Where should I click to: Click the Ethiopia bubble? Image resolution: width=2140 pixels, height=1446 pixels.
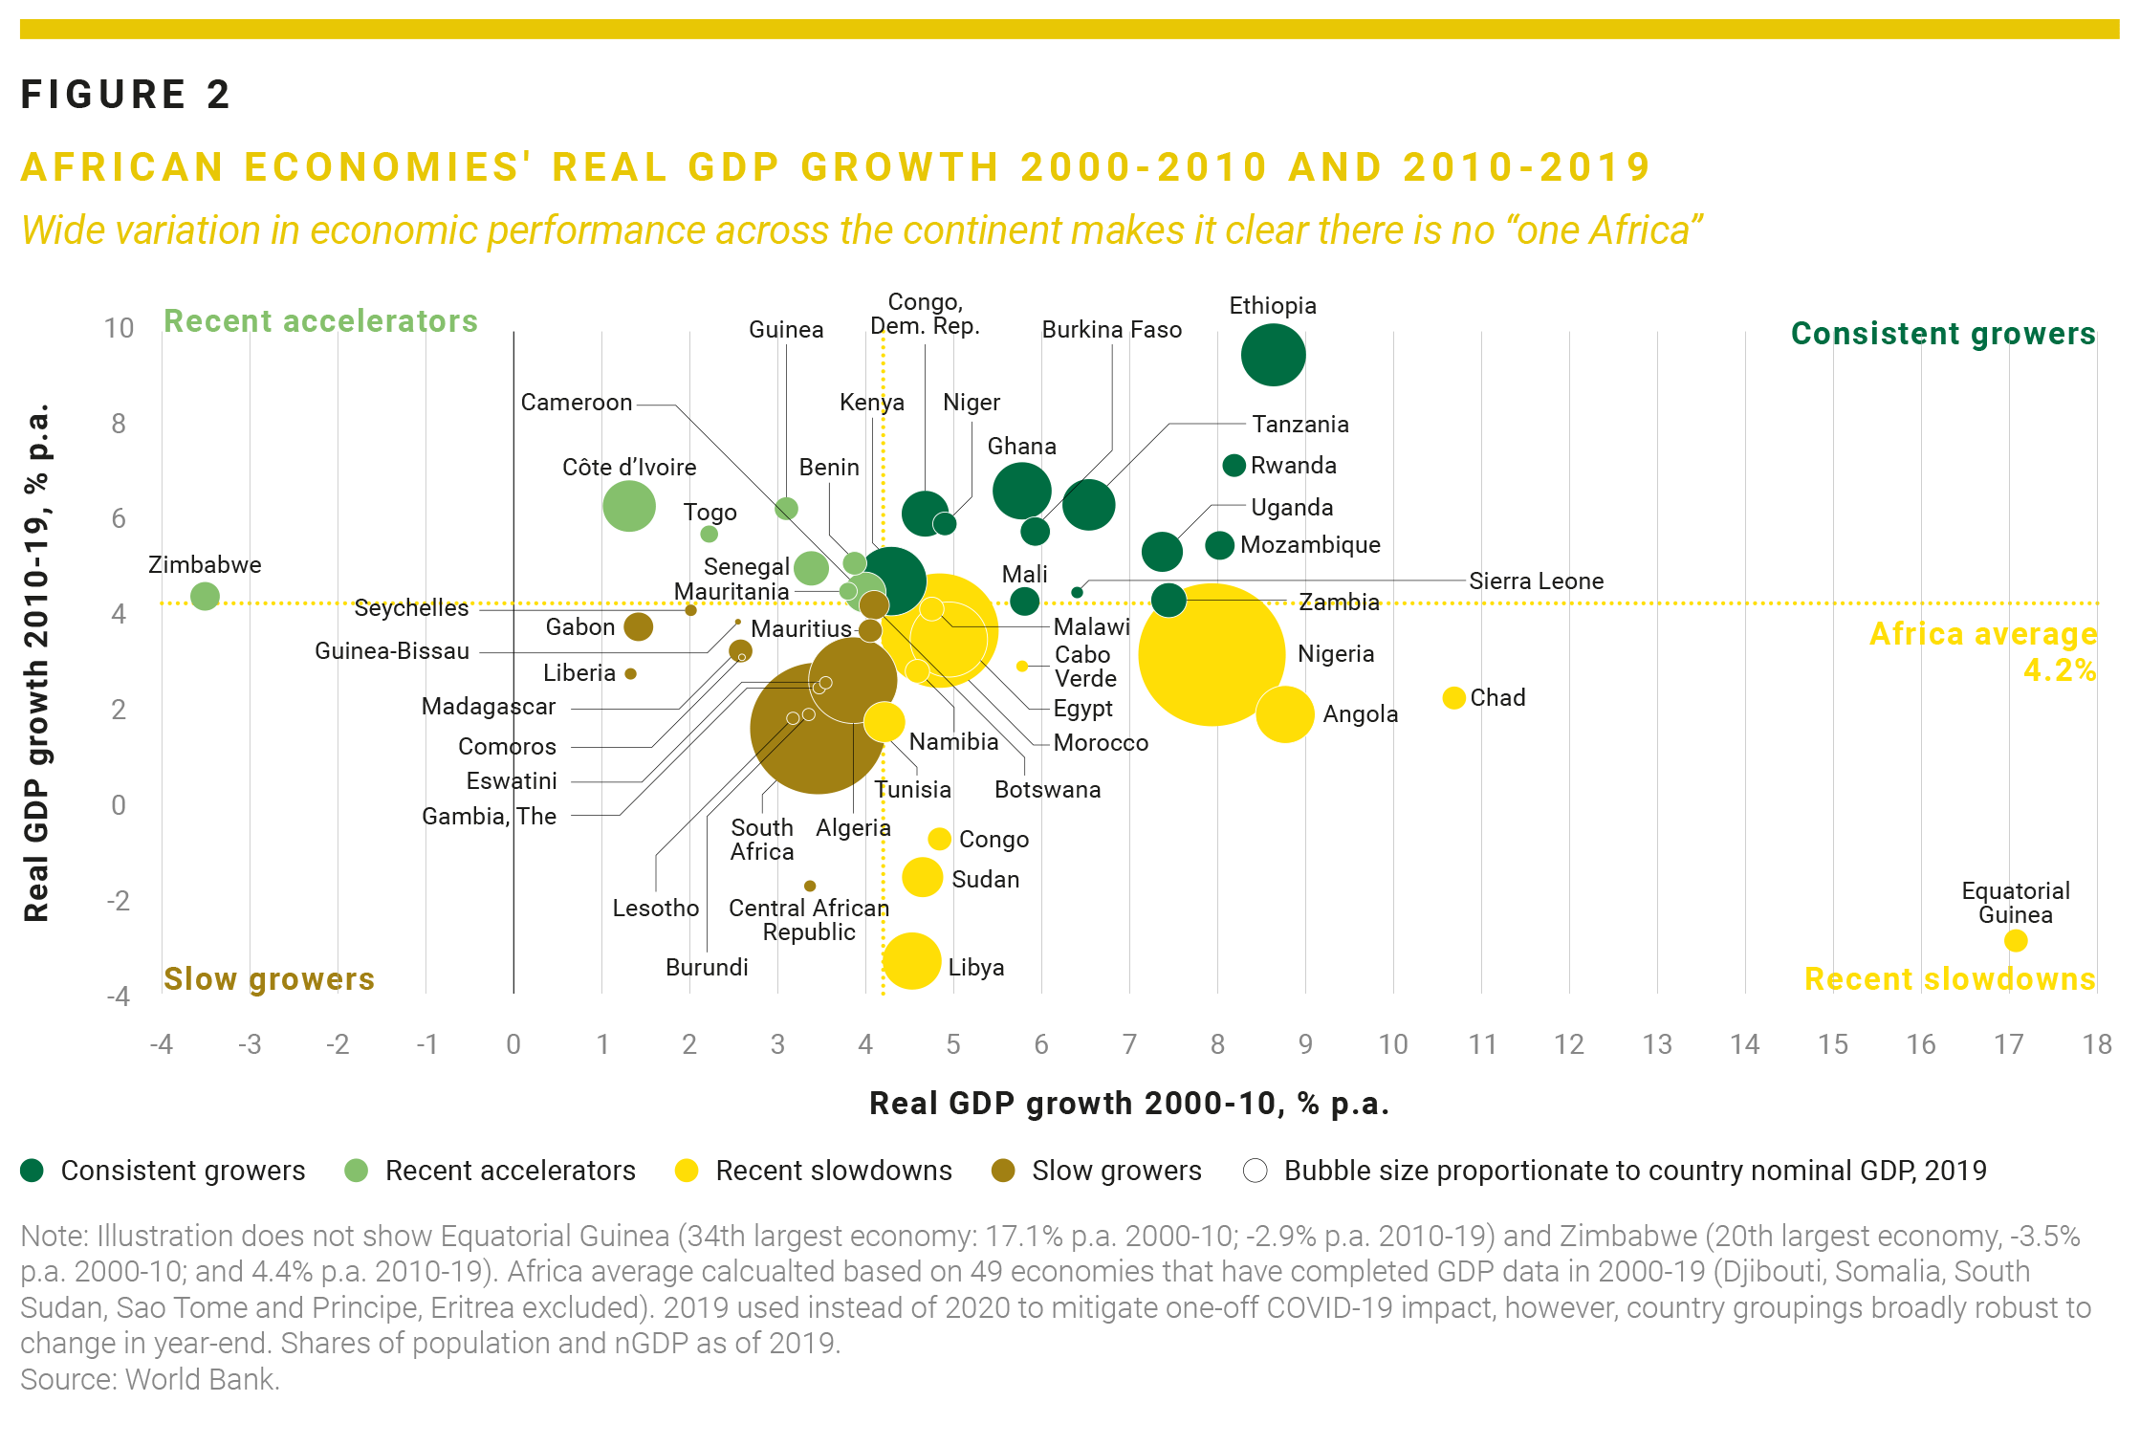pos(1273,355)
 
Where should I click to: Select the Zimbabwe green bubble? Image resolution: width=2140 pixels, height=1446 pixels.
pos(205,596)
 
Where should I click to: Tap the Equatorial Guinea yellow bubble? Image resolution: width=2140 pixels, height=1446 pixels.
pos(2015,941)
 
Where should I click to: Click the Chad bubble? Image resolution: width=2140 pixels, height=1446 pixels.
pos(1453,698)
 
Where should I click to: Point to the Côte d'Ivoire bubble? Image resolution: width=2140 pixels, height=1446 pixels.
pos(628,506)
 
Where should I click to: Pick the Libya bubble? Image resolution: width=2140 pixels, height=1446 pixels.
pos(911,961)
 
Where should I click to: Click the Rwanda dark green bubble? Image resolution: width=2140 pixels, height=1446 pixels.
pos(1234,466)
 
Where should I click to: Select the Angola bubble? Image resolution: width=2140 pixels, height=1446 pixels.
pos(1284,714)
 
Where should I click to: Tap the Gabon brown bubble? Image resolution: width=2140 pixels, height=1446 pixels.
pos(638,627)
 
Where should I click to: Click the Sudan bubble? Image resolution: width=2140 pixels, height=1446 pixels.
pos(922,877)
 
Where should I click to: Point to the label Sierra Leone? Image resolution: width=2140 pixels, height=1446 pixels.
pos(1536,581)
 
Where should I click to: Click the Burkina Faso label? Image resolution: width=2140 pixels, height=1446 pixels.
pos(1111,330)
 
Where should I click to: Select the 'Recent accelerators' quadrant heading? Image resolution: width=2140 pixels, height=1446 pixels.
pos(320,321)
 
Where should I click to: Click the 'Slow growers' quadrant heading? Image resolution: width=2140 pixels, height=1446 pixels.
pos(269,979)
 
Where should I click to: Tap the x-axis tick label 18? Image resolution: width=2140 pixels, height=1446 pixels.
pos(2096,1044)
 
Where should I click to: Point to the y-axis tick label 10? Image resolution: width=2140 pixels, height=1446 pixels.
pos(119,328)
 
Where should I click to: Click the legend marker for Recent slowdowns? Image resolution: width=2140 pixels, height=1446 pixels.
pos(686,1171)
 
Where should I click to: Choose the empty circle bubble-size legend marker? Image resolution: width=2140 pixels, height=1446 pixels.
pos(1255,1171)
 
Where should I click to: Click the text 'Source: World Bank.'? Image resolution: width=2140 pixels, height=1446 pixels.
pos(150,1379)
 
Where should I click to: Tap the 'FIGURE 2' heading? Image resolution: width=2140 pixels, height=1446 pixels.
pos(125,95)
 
